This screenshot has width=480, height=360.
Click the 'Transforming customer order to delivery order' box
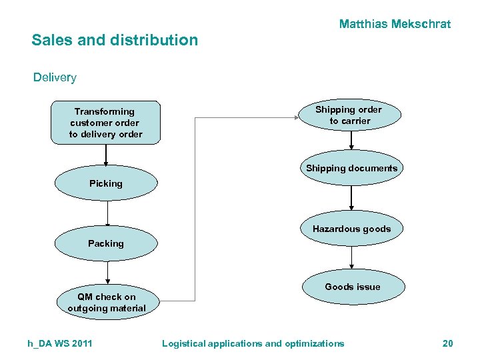point(105,123)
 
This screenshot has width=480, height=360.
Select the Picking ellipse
point(106,183)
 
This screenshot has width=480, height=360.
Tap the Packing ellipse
point(106,243)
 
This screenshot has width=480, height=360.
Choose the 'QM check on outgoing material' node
point(106,302)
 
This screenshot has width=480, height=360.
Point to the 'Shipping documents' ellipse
point(351,168)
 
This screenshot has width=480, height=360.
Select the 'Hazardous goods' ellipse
point(351,229)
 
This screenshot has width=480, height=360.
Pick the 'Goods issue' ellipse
point(352,287)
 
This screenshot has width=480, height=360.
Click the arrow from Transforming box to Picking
point(106,154)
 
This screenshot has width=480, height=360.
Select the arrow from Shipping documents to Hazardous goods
point(352,198)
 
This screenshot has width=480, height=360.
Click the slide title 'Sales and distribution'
point(115,40)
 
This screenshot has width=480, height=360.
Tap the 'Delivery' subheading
point(55,77)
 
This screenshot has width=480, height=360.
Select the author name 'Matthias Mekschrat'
point(395,24)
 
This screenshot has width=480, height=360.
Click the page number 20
point(447,343)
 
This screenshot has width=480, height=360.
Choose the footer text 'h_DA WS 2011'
point(60,343)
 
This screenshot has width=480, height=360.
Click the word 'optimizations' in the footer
point(315,343)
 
